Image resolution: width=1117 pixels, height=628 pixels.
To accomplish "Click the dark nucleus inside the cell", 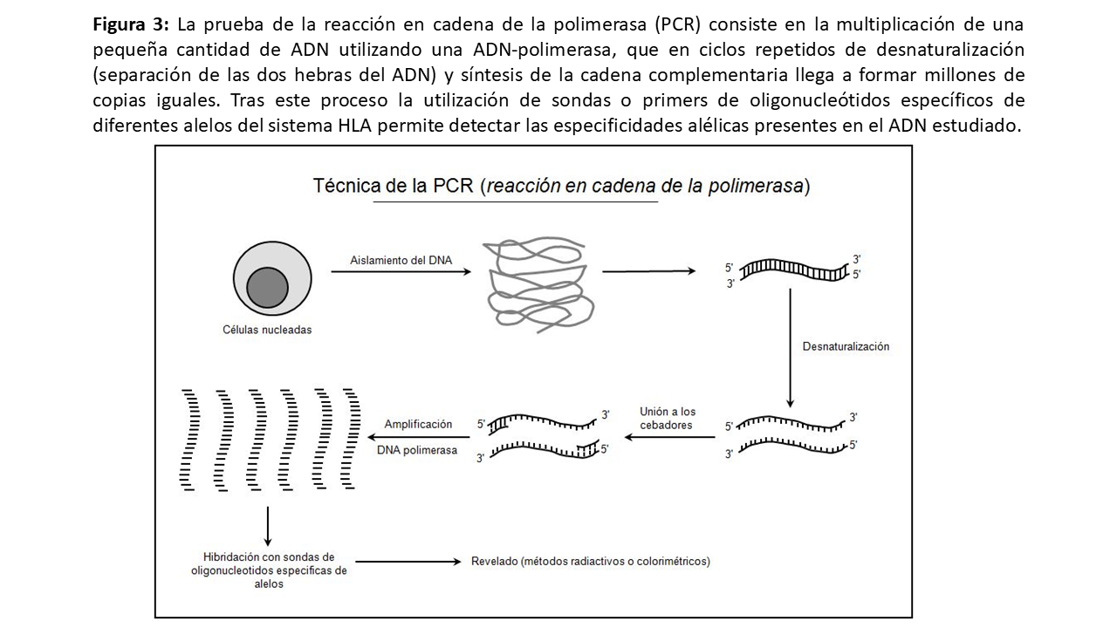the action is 267,287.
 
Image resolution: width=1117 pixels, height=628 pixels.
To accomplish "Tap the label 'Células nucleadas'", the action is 267,330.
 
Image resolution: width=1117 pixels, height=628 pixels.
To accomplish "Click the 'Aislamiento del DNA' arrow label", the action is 401,259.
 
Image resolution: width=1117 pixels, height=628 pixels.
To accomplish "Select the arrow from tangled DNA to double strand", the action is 648,271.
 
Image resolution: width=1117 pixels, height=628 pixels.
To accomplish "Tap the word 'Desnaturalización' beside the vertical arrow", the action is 846,346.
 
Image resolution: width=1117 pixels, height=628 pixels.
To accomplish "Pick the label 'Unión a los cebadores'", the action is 668,418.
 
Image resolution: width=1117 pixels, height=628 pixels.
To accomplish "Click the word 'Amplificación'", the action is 419,424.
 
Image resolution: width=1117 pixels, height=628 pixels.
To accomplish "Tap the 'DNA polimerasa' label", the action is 417,450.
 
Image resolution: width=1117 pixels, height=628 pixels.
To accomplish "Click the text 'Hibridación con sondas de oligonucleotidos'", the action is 269,563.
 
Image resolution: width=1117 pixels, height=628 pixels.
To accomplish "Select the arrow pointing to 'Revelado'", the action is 408,562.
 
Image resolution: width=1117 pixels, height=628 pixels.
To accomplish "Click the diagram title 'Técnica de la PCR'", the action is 394,186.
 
